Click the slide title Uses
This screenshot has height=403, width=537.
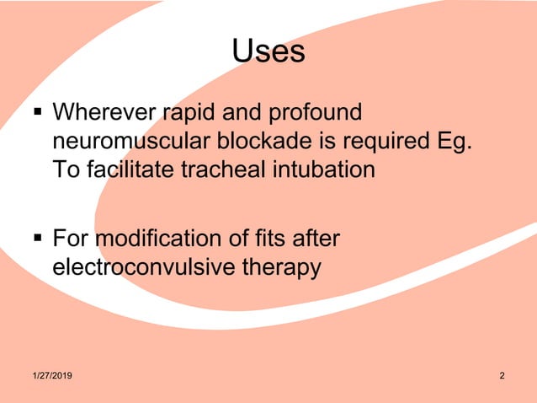click(x=268, y=52)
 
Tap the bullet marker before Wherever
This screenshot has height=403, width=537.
click(x=36, y=112)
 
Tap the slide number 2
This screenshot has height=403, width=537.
click(x=502, y=375)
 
